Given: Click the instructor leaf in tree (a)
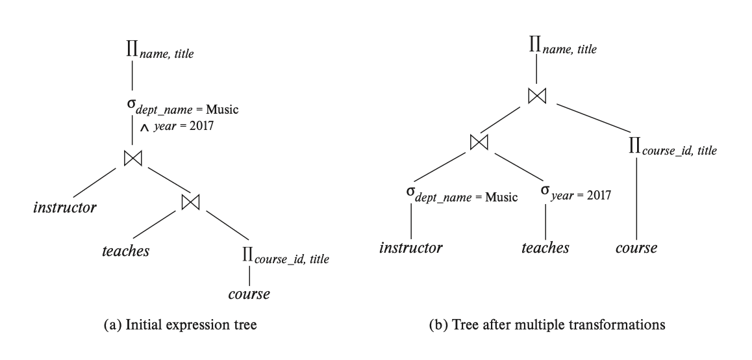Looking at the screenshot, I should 65,209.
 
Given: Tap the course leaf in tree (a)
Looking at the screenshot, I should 249,294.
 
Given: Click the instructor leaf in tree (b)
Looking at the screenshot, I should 411,248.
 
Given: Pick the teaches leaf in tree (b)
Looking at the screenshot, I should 545,248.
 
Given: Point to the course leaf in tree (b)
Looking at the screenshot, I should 636,248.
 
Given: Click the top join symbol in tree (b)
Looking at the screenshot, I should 536,95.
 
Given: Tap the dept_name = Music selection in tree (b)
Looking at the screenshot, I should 461,195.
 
